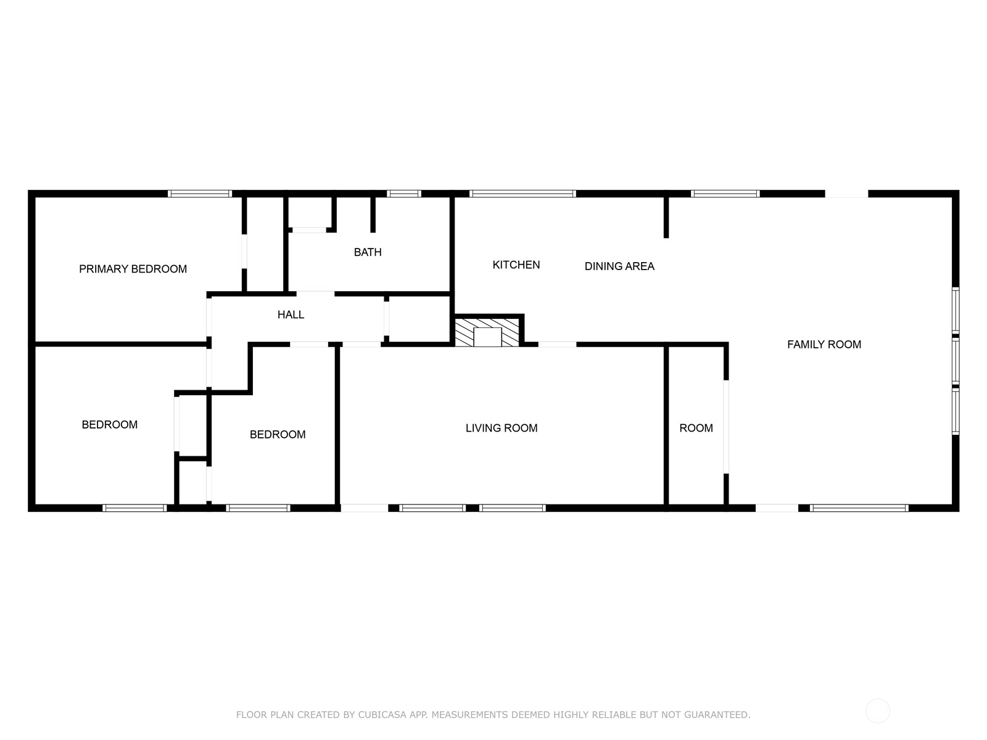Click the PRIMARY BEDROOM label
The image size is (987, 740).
(133, 269)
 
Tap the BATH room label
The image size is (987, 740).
(368, 252)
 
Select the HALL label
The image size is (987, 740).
(291, 314)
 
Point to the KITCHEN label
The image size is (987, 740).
(516, 265)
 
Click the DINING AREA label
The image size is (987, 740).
(619, 266)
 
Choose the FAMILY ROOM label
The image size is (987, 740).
(824, 344)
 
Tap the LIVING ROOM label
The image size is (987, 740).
(502, 428)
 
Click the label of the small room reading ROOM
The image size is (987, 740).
(696, 428)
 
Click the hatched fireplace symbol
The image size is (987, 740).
(487, 332)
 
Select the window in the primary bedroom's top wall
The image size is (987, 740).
(200, 194)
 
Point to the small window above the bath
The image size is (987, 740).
(405, 194)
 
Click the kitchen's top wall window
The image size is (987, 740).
(522, 194)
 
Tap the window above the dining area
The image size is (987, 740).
(725, 194)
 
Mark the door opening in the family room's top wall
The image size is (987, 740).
(846, 194)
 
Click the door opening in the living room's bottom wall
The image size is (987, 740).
(365, 508)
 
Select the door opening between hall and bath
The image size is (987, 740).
(316, 294)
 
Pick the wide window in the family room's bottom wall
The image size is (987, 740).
(859, 508)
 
